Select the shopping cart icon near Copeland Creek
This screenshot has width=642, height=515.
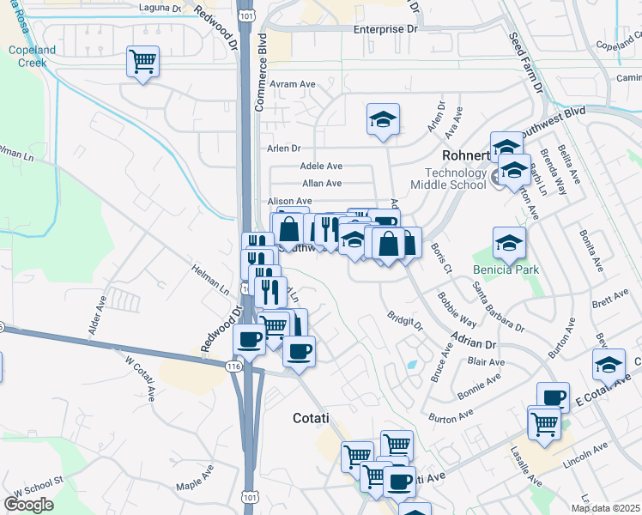pyautogui.click(x=142, y=62)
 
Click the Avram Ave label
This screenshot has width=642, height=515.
pyautogui.click(x=294, y=84)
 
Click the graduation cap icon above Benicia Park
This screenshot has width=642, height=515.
pyautogui.click(x=509, y=244)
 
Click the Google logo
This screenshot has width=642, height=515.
pyautogui.click(x=28, y=505)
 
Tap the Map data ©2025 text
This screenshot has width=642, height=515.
pyautogui.click(x=605, y=508)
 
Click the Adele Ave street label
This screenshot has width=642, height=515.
pyautogui.click(x=321, y=167)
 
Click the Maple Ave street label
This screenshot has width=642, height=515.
pyautogui.click(x=196, y=481)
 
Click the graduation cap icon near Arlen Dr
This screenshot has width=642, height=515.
pyautogui.click(x=383, y=119)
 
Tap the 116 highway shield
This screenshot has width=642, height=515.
pyautogui.click(x=233, y=366)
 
